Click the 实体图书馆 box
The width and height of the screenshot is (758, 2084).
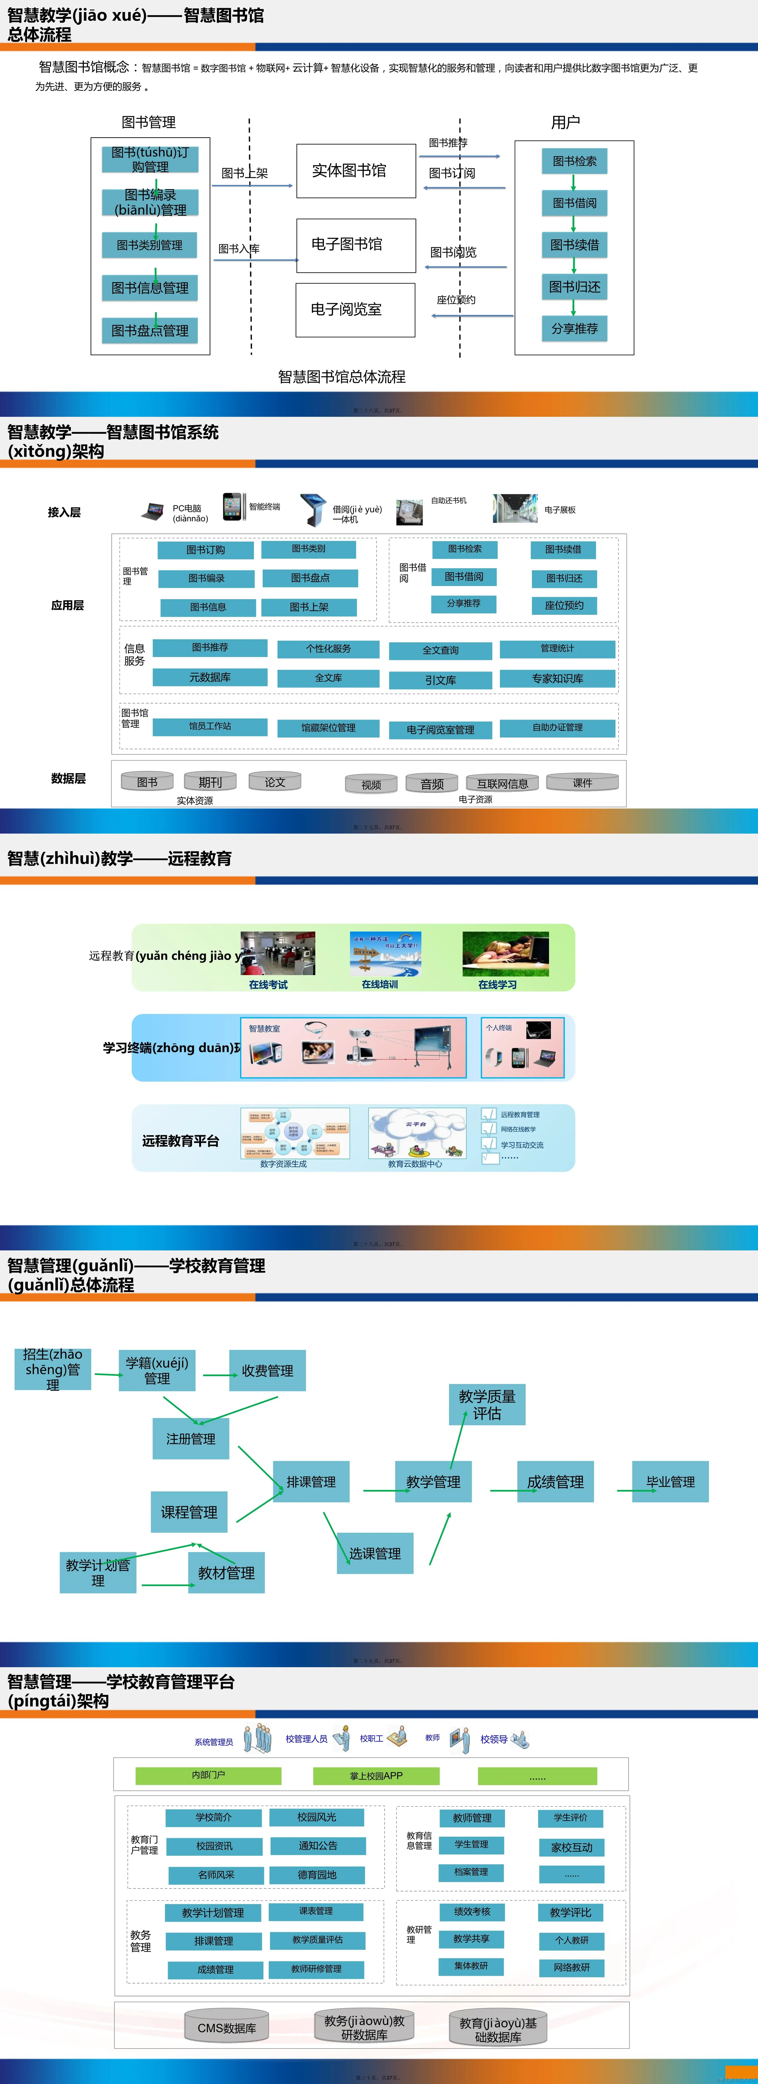click(356, 171)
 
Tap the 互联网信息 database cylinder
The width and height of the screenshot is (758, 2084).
click(502, 782)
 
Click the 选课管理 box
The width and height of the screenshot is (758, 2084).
click(374, 1553)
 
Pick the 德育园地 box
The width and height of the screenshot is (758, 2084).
click(316, 1875)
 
